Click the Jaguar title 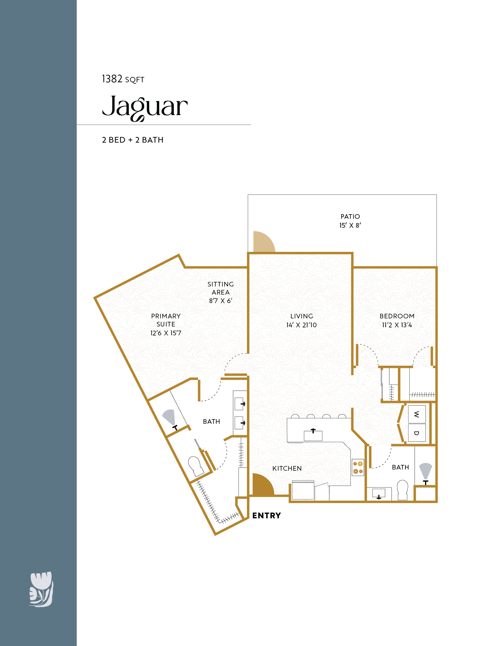coord(145,107)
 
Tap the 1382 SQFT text coord(123,79)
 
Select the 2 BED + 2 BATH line coord(132,140)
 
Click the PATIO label coord(350,216)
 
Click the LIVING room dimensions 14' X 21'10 coord(301,325)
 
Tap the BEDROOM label coord(397,316)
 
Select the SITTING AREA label coord(220,288)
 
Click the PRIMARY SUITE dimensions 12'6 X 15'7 coord(165,333)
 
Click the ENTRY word coord(267,516)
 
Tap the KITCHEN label coord(287,468)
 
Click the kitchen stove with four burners coord(358,468)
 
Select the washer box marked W coord(417,414)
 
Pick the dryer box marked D coord(417,433)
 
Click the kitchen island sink coord(313,435)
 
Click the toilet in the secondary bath coord(402,489)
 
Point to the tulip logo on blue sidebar coord(41,589)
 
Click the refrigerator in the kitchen coord(303,491)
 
